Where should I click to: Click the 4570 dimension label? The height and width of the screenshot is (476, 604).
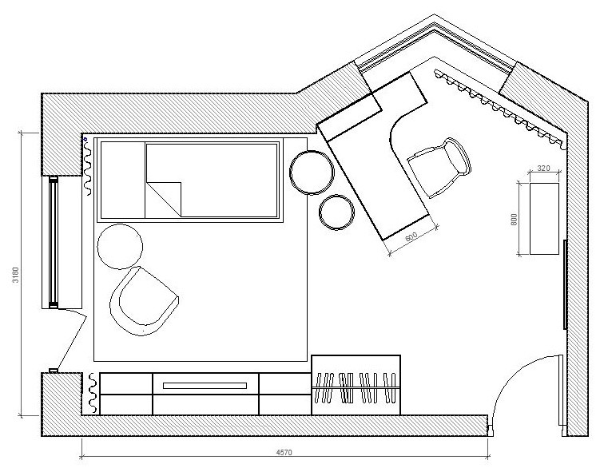point(284,452)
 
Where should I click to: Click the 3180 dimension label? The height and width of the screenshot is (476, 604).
point(15,275)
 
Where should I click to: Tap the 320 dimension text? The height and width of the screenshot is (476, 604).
point(543,169)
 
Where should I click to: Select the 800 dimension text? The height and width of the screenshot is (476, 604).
point(514,220)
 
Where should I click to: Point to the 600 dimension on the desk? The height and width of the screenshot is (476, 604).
point(411,237)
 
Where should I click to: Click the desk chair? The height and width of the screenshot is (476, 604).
point(439,168)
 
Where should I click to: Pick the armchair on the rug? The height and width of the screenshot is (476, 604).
point(144,301)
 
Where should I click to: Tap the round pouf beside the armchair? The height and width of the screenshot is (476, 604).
point(120,247)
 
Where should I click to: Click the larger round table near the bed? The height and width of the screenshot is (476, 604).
point(312,173)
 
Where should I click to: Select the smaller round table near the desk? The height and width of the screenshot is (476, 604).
point(336,212)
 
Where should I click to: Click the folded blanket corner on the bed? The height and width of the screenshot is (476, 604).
point(164,199)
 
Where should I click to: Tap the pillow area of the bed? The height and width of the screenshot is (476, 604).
point(123,180)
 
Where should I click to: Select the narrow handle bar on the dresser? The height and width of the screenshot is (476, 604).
point(205,386)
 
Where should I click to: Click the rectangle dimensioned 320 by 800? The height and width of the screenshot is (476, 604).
point(544,219)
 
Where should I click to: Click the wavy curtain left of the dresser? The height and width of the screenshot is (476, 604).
point(93,392)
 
